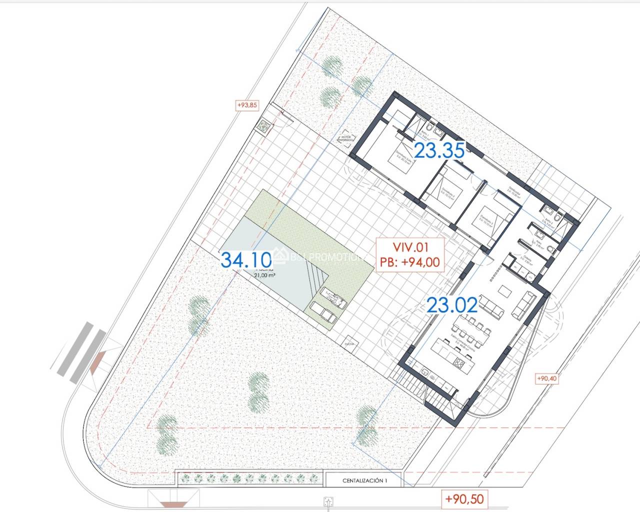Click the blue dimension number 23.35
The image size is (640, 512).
click(x=440, y=150)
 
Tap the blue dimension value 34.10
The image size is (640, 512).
click(x=246, y=259)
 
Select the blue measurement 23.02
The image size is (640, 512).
click(x=452, y=305)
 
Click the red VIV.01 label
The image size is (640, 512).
click(x=410, y=246)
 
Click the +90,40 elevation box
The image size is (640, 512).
click(x=547, y=378)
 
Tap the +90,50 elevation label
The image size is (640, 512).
click(x=464, y=499)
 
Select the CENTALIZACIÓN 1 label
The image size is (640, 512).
click(x=365, y=481)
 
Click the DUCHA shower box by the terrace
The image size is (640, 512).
click(x=349, y=344)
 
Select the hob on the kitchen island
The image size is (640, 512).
click(x=457, y=361)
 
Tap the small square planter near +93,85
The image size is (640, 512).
click(x=263, y=126)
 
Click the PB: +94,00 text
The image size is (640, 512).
click(x=410, y=261)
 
